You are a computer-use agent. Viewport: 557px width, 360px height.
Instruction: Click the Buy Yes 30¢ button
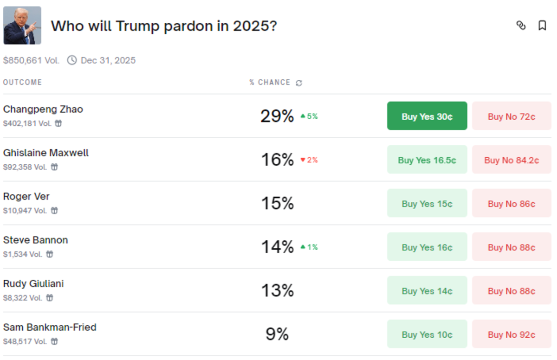pyautogui.click(x=427, y=116)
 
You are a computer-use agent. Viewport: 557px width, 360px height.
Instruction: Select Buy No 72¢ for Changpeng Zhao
pyautogui.click(x=512, y=116)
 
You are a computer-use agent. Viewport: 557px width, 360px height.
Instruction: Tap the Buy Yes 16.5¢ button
pyautogui.click(x=427, y=160)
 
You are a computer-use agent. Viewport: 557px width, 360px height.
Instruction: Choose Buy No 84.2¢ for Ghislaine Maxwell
pyautogui.click(x=512, y=160)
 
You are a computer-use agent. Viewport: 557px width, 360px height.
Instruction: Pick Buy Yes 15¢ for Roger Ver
pyautogui.click(x=427, y=203)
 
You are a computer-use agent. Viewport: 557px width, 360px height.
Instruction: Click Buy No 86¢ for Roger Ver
pyautogui.click(x=512, y=203)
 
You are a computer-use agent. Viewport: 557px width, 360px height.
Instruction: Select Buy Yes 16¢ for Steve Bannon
pyautogui.click(x=427, y=247)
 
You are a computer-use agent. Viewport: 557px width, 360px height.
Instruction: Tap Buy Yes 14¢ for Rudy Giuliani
pyautogui.click(x=427, y=290)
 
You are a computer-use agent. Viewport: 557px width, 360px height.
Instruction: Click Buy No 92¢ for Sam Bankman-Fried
pyautogui.click(x=512, y=334)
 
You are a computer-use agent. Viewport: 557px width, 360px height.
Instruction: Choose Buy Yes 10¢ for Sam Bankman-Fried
pyautogui.click(x=427, y=334)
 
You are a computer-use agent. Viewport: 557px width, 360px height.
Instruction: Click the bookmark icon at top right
pyautogui.click(x=542, y=26)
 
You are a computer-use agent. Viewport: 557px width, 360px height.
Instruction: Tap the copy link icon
pyautogui.click(x=521, y=26)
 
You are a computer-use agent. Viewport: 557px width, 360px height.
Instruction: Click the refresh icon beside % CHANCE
pyautogui.click(x=299, y=83)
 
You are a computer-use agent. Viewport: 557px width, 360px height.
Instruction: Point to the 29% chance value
pyautogui.click(x=277, y=116)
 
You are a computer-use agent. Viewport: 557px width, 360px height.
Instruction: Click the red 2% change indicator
pyautogui.click(x=309, y=160)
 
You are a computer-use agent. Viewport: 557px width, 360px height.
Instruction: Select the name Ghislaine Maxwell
pyautogui.click(x=46, y=153)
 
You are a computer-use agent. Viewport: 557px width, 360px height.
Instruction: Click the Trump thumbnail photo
pyautogui.click(x=22, y=26)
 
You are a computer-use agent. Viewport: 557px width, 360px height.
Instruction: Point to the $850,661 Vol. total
pyautogui.click(x=31, y=60)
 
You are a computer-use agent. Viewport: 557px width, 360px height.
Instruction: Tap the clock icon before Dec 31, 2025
pyautogui.click(x=72, y=60)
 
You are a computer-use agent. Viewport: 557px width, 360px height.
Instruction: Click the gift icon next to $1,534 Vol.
pyautogui.click(x=50, y=254)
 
